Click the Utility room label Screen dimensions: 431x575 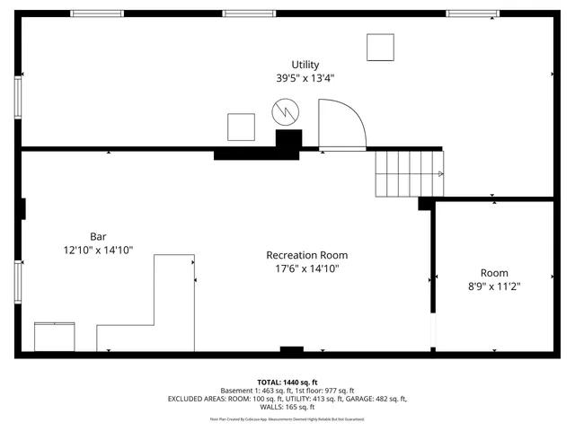[x=305, y=65]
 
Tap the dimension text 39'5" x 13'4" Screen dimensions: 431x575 [x=305, y=78]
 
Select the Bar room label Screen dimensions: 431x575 [x=98, y=237]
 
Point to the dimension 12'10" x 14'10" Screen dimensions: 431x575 [x=98, y=251]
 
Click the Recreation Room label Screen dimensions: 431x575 [x=306, y=255]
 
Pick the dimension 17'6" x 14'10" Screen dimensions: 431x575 [x=306, y=268]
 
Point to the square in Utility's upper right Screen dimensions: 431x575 [x=380, y=47]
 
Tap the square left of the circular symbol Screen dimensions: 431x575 [x=241, y=127]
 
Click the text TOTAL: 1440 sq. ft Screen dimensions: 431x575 [x=287, y=382]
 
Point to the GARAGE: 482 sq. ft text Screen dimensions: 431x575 [x=377, y=399]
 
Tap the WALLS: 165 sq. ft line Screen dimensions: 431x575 [x=287, y=407]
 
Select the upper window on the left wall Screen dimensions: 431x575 [x=18, y=98]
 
